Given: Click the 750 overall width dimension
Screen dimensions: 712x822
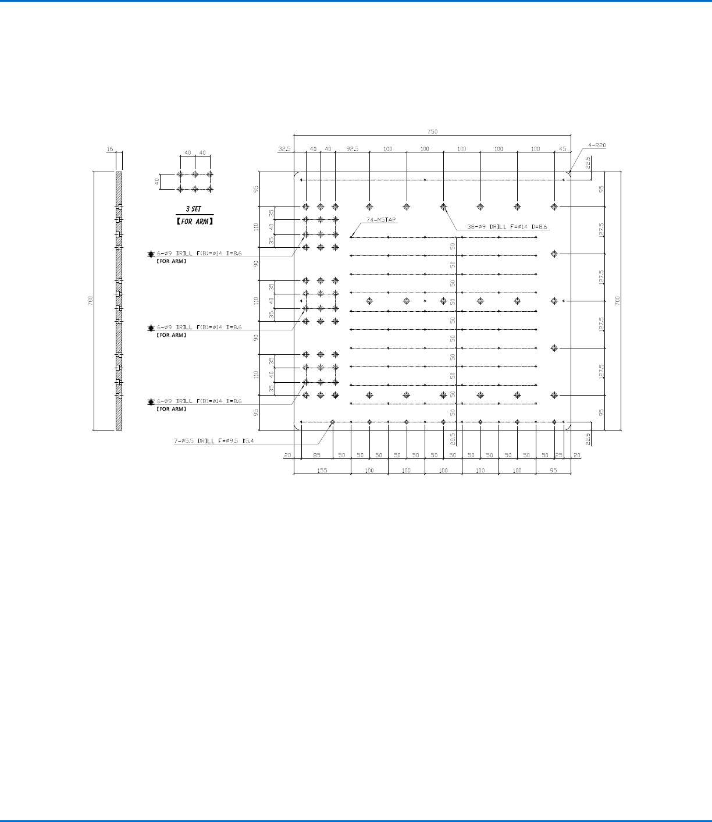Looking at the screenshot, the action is click(x=432, y=131).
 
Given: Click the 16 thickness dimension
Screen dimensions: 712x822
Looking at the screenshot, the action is click(x=109, y=150).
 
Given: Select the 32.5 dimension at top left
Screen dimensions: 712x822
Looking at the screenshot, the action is click(x=284, y=149).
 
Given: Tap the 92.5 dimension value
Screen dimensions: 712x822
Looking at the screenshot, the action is click(x=353, y=149).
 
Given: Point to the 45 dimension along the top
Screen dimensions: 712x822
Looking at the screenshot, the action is click(x=563, y=149).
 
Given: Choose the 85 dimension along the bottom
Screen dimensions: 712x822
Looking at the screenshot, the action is click(x=317, y=455).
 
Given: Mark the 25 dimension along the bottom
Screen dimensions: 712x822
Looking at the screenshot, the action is click(x=558, y=455).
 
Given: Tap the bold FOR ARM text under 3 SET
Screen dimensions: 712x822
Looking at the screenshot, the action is click(x=195, y=221).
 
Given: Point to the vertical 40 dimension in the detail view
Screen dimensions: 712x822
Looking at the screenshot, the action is click(x=156, y=182).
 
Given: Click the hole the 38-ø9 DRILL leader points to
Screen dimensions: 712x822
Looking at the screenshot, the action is click(x=443, y=207).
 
